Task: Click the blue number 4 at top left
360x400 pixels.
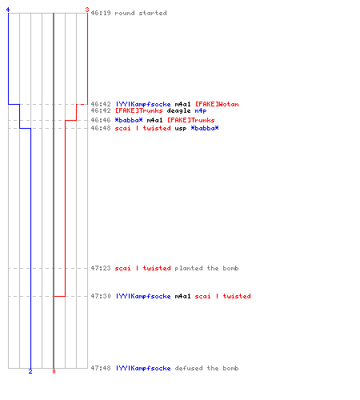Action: (8, 10)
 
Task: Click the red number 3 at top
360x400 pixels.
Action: (87, 10)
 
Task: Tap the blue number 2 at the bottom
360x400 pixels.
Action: (30, 371)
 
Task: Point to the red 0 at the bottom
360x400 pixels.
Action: (54, 371)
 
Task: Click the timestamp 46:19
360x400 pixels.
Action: (101, 13)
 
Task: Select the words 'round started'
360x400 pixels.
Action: (141, 13)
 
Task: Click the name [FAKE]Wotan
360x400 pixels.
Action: (217, 104)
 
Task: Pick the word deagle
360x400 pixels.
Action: (178, 110)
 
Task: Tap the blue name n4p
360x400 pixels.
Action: (201, 110)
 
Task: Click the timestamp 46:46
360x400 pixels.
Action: (101, 120)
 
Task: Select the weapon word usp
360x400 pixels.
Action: (181, 128)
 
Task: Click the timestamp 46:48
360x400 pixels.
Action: (101, 128)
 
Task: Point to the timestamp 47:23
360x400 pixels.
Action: (101, 268)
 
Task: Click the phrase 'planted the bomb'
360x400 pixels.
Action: (206, 268)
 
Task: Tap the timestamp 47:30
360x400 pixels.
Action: (101, 296)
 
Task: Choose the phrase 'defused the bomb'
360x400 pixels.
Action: (206, 368)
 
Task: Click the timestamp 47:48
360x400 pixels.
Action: (101, 368)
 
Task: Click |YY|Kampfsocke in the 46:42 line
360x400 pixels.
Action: (143, 104)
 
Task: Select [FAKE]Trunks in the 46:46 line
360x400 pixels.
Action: (191, 120)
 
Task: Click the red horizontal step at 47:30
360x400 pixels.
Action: (60, 296)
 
